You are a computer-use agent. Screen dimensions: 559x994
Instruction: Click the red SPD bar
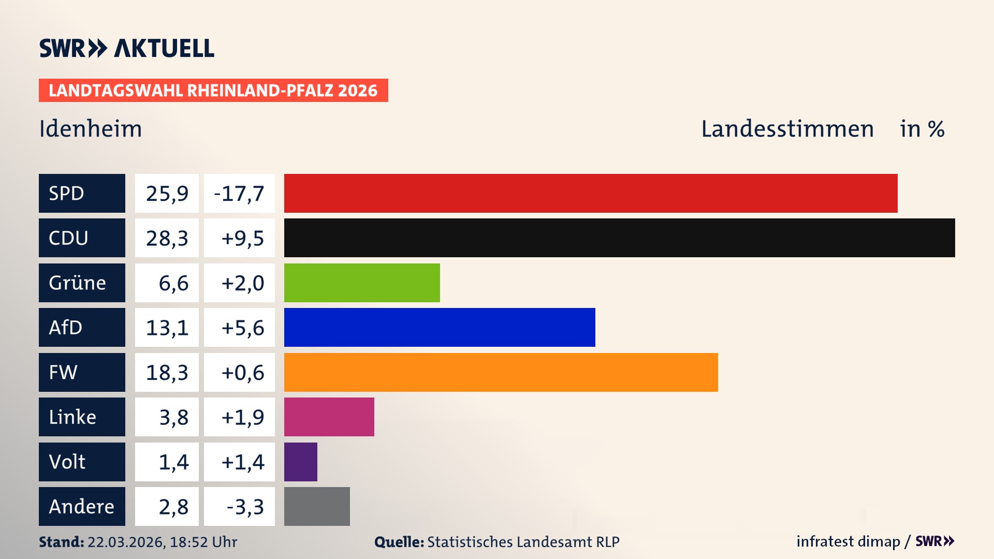pos(590,193)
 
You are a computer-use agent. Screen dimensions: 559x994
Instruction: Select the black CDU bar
pos(619,238)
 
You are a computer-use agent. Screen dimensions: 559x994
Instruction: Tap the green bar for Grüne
pos(362,283)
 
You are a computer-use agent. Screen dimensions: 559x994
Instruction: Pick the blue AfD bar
pos(440,327)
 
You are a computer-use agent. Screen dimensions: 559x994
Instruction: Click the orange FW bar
pos(501,372)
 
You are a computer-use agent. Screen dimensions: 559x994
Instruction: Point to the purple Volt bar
pos(300,462)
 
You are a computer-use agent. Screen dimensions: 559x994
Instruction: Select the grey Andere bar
pos(317,506)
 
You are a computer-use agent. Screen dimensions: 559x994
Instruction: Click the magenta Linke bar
pos(329,417)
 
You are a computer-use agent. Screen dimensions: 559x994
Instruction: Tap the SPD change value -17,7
pos(239,194)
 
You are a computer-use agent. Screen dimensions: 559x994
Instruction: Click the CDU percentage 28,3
pos(167,238)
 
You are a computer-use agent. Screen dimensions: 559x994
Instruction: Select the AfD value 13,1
pos(167,328)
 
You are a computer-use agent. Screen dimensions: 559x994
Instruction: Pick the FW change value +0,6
pos(242,373)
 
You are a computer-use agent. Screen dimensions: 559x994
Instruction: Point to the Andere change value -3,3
pos(245,507)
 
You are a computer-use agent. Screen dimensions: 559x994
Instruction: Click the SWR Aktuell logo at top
pos(126,48)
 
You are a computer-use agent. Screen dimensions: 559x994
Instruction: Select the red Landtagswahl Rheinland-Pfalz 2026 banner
pos(213,91)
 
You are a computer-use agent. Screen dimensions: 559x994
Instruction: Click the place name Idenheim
pos(91,129)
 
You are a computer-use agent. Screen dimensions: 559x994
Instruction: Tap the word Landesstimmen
pos(787,129)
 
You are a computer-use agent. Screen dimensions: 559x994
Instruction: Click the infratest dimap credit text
pos(847,541)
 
